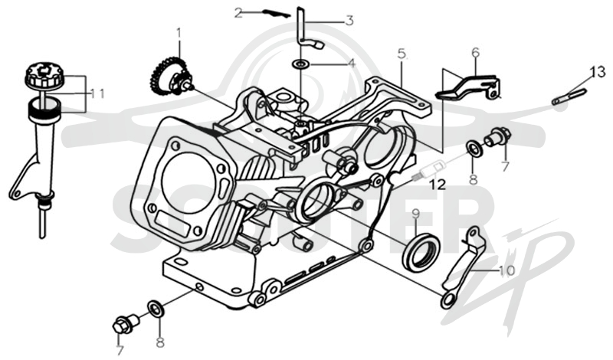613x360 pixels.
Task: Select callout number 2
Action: [x=238, y=14]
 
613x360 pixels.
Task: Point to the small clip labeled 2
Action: [x=276, y=13]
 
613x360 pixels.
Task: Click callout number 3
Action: [x=349, y=21]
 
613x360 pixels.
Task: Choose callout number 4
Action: [x=352, y=63]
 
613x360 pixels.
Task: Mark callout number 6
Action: [x=476, y=52]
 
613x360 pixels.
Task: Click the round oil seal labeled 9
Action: [x=421, y=251]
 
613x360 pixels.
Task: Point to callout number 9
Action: [x=415, y=214]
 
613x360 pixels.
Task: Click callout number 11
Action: [x=97, y=93]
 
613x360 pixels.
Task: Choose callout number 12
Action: [x=438, y=185]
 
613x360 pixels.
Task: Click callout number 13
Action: [x=598, y=72]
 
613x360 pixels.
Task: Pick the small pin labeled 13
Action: [x=569, y=97]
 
